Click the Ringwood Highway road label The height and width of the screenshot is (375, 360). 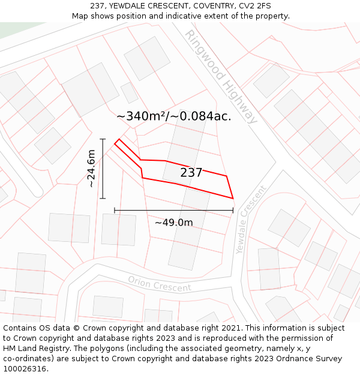click(x=221, y=76)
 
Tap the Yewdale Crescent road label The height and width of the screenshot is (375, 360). click(x=251, y=219)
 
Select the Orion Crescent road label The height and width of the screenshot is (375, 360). click(x=160, y=284)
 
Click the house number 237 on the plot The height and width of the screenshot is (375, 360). click(x=191, y=173)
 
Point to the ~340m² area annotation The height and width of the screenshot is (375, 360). click(x=173, y=116)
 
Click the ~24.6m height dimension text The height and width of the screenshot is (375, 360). click(x=91, y=169)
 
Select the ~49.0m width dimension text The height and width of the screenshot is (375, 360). click(x=174, y=223)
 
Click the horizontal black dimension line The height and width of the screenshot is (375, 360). click(x=173, y=211)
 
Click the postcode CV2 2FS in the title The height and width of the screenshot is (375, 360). click(x=255, y=6)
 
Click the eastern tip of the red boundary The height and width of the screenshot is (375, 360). click(x=233, y=198)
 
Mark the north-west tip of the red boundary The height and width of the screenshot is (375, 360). click(x=118, y=140)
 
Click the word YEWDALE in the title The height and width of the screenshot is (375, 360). click(x=128, y=6)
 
